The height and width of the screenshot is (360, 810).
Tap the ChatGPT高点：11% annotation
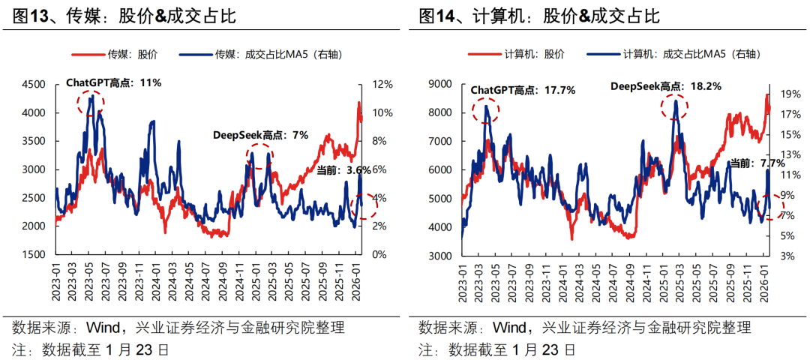113,82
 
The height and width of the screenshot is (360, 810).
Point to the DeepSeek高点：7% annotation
260,135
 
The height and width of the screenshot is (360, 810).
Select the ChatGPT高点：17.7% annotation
523,90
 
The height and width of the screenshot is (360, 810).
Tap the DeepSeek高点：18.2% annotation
665,86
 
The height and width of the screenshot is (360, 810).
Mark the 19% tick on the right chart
790,95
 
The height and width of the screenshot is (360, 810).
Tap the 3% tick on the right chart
787,256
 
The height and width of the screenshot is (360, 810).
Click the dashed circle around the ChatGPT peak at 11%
91,103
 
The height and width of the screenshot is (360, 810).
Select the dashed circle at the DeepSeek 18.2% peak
675,107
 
